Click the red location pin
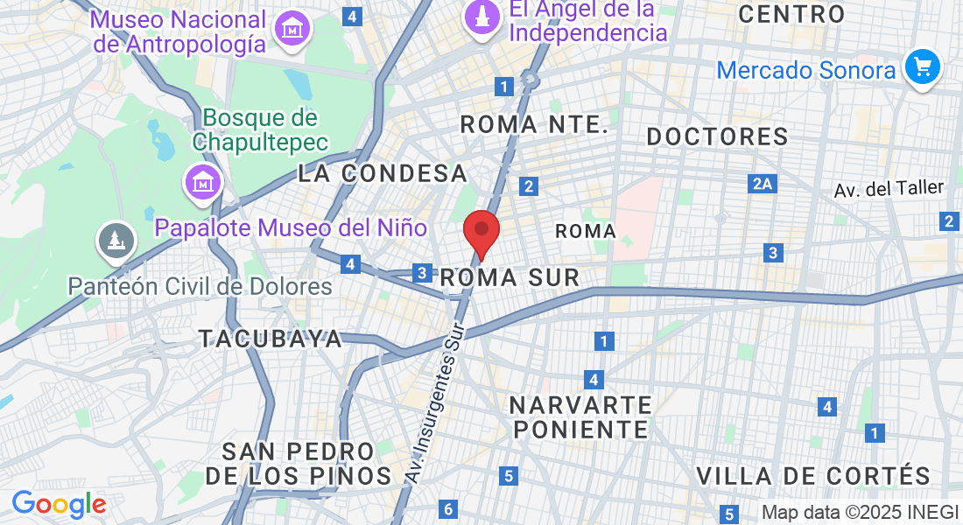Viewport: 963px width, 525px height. click(x=481, y=232)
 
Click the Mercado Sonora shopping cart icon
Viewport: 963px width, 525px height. click(x=921, y=67)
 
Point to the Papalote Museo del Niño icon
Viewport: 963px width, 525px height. click(x=203, y=183)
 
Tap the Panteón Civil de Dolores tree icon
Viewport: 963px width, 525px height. click(x=115, y=241)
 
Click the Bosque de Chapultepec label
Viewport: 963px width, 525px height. click(x=260, y=129)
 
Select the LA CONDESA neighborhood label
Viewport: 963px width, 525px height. click(x=383, y=173)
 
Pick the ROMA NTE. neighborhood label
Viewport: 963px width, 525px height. click(x=534, y=125)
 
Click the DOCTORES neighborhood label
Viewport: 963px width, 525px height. click(x=717, y=136)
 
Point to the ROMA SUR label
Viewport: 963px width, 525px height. click(x=510, y=278)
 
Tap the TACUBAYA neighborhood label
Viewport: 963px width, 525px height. click(x=271, y=339)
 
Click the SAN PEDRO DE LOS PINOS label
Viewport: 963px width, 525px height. click(x=299, y=464)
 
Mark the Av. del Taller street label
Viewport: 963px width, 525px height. click(x=888, y=188)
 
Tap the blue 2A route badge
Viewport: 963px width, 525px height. click(x=763, y=184)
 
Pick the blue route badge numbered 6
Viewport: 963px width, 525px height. click(x=448, y=508)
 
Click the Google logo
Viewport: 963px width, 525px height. click(x=59, y=504)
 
